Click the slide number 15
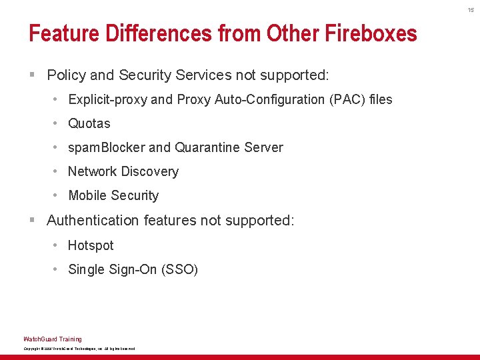point(471,10)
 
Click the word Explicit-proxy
point(108,99)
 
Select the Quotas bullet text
point(89,123)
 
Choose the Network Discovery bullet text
point(123,171)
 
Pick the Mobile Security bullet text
point(113,195)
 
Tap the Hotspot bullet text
point(91,245)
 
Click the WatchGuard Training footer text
point(53,339)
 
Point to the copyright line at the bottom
point(79,349)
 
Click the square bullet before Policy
point(31,75)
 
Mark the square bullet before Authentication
point(31,220)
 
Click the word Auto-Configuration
point(266,99)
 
